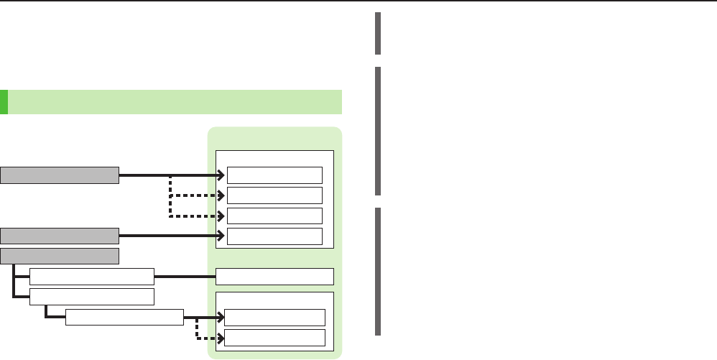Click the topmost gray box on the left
pyautogui.click(x=60, y=175)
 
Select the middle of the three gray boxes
pyautogui.click(x=60, y=235)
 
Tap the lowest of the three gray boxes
pyautogui.click(x=60, y=256)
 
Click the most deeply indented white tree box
pyautogui.click(x=124, y=317)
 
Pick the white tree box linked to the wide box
pyautogui.click(x=92, y=276)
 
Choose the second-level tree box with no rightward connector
pyautogui.click(x=92, y=297)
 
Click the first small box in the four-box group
pyautogui.click(x=274, y=175)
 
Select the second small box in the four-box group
pyautogui.click(x=274, y=195)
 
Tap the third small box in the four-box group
pyautogui.click(x=274, y=216)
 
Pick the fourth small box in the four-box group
pyautogui.click(x=274, y=236)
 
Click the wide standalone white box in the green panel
pyautogui.click(x=275, y=276)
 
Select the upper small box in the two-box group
pyautogui.click(x=274, y=317)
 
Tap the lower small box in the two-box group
pyautogui.click(x=274, y=338)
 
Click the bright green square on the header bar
pyautogui.click(x=4, y=102)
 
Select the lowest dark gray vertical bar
pyautogui.click(x=377, y=271)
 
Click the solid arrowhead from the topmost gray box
pyautogui.click(x=221, y=175)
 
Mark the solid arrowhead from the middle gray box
pyautogui.click(x=221, y=235)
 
